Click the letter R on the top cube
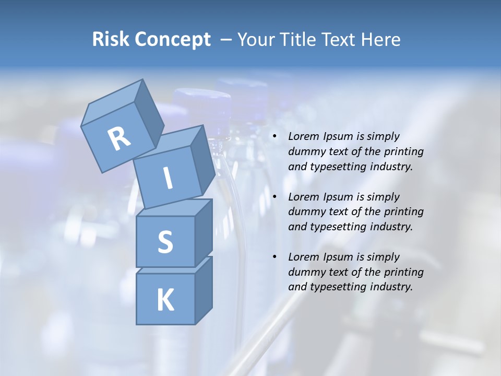click(x=120, y=139)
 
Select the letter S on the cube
click(x=165, y=242)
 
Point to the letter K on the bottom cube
click(x=165, y=300)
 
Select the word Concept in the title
click(x=172, y=40)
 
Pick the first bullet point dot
click(x=275, y=137)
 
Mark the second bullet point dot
click(x=275, y=197)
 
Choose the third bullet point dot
click(x=275, y=257)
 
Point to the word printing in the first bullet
click(x=404, y=152)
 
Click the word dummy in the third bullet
click(x=306, y=272)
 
